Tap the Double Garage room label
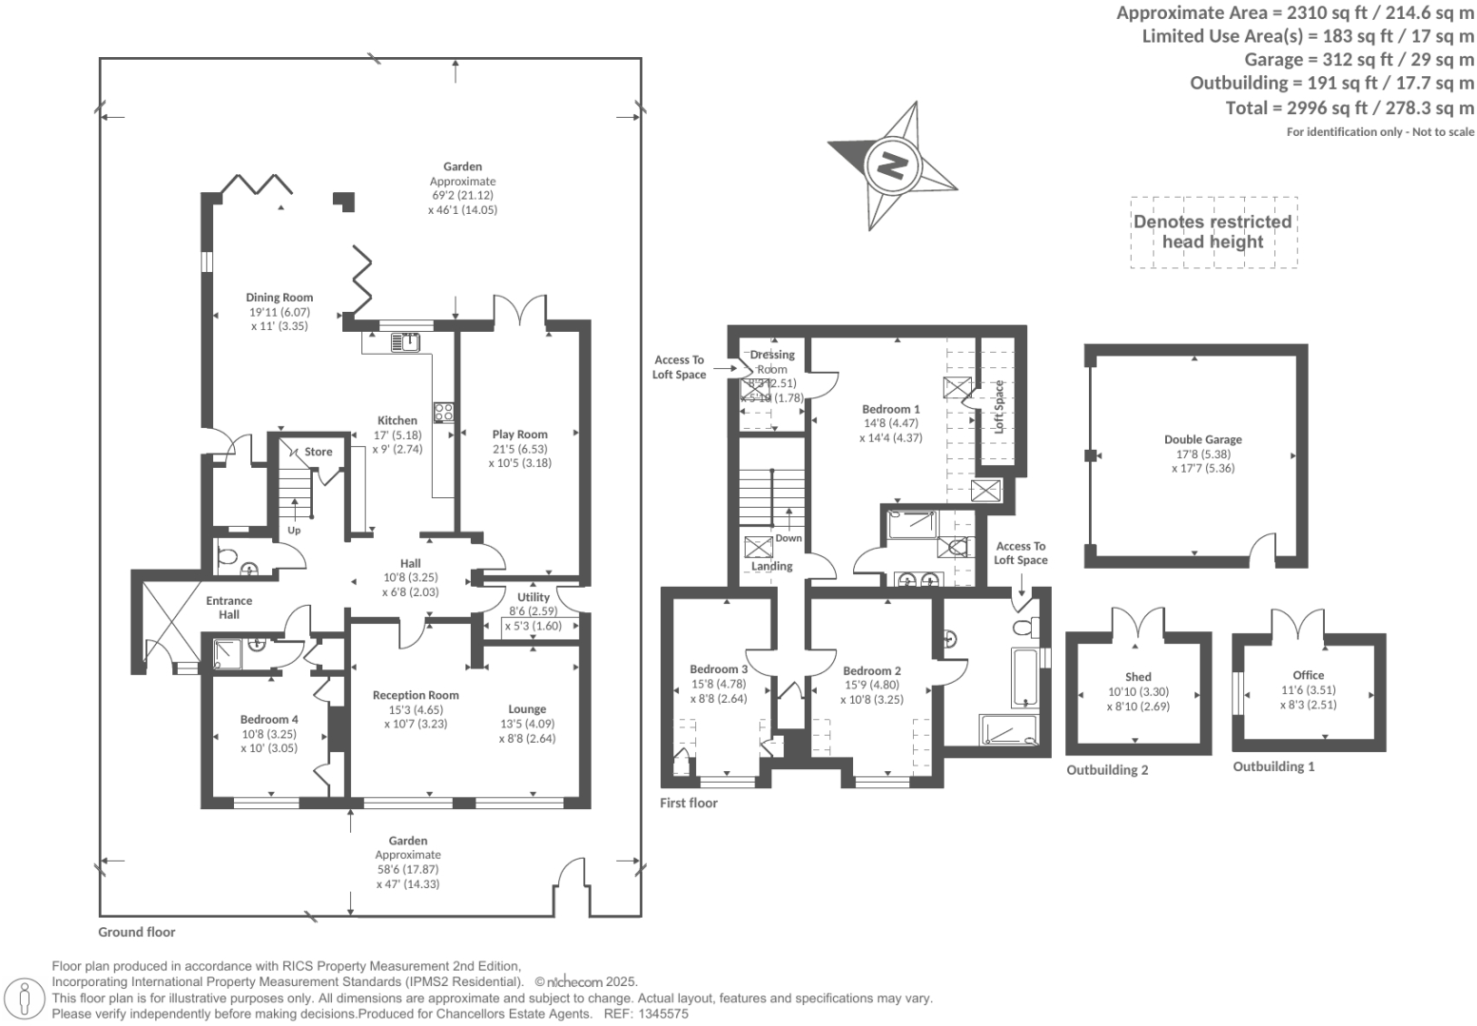(x=1203, y=439)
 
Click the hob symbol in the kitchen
(x=443, y=412)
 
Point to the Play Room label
(x=520, y=435)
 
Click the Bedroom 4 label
(x=269, y=719)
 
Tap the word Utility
(x=534, y=597)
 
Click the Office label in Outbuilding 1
(x=1309, y=675)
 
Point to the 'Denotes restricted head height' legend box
(x=1213, y=232)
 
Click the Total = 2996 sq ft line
(x=1350, y=107)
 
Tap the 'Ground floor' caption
(x=137, y=932)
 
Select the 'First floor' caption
(x=689, y=803)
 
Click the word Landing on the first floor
(x=772, y=566)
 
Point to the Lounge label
(x=527, y=708)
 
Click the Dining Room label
(x=280, y=297)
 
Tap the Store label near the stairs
(x=319, y=452)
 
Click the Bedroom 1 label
(x=891, y=409)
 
